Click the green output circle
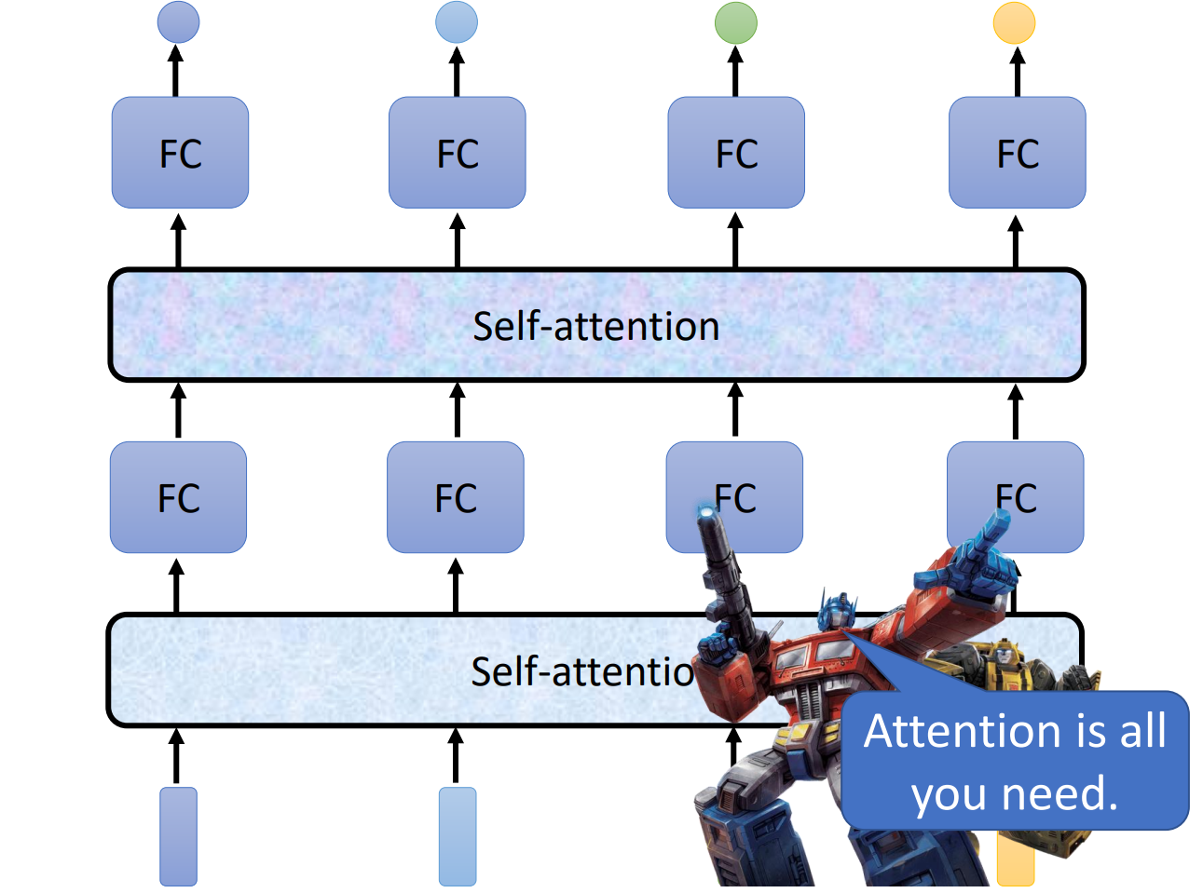tap(735, 22)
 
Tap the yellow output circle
tap(1014, 22)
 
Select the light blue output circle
tap(457, 22)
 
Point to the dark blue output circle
tap(178, 22)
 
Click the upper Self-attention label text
tap(595, 326)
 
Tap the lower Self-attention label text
tap(582, 670)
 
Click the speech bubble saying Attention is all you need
tap(1015, 762)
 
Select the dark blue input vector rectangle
tap(178, 835)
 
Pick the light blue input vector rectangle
tap(458, 835)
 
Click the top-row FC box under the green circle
tap(736, 153)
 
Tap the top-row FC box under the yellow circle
tap(1017, 153)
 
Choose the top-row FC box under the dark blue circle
tap(180, 153)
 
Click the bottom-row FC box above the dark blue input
tap(178, 497)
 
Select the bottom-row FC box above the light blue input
tap(456, 497)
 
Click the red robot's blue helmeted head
tap(836, 610)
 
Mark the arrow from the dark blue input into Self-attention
tap(176, 756)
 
